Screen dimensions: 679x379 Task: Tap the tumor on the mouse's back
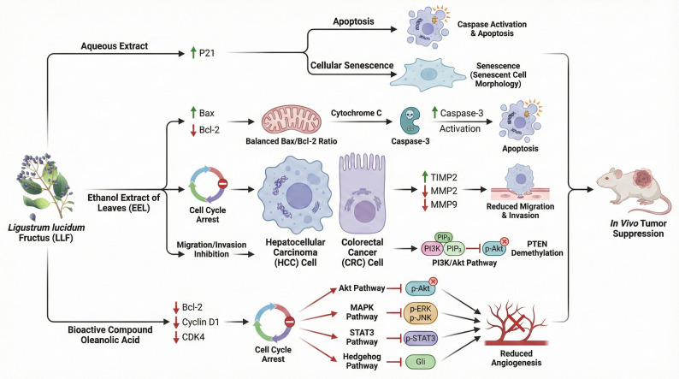[x=644, y=178]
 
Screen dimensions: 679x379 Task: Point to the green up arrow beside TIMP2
[x=425, y=177]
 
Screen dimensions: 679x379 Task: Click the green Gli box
[x=421, y=362]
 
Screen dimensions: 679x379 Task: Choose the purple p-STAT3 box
[x=420, y=338]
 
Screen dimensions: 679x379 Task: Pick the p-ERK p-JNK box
[x=421, y=314]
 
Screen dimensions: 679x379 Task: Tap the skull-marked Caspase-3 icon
[x=410, y=121]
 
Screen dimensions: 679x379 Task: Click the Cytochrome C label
[x=356, y=113]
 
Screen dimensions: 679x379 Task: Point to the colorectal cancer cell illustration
[x=362, y=193]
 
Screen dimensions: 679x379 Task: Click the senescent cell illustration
[x=428, y=74]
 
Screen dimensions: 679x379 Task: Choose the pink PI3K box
[x=432, y=249]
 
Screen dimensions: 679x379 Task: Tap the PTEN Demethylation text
[x=537, y=248]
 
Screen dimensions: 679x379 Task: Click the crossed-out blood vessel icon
[x=516, y=324]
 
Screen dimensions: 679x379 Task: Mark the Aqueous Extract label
[x=115, y=46]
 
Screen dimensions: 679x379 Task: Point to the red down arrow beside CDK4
[x=176, y=337]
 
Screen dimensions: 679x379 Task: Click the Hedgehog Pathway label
[x=362, y=361]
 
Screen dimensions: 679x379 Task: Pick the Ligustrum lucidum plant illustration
[x=43, y=187]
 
